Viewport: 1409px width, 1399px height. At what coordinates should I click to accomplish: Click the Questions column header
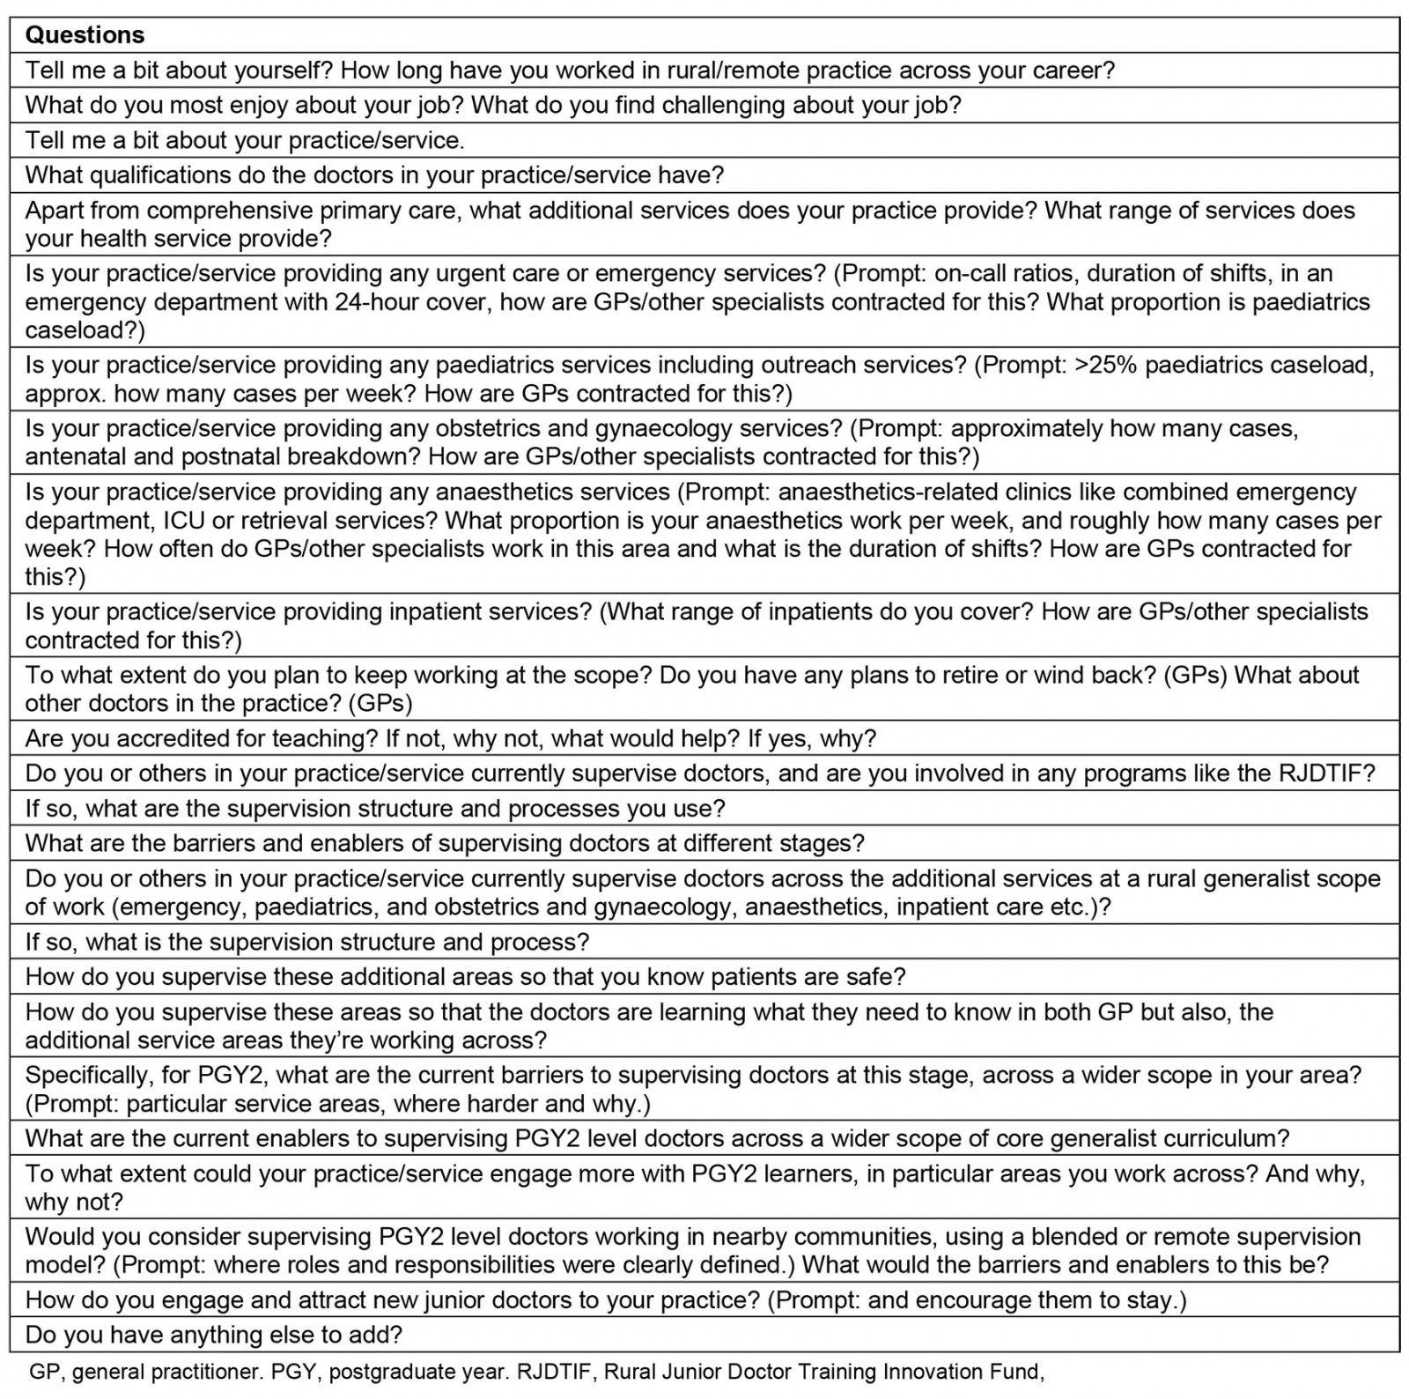coord(85,35)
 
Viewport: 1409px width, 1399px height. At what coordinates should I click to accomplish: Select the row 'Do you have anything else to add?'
coord(213,1335)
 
